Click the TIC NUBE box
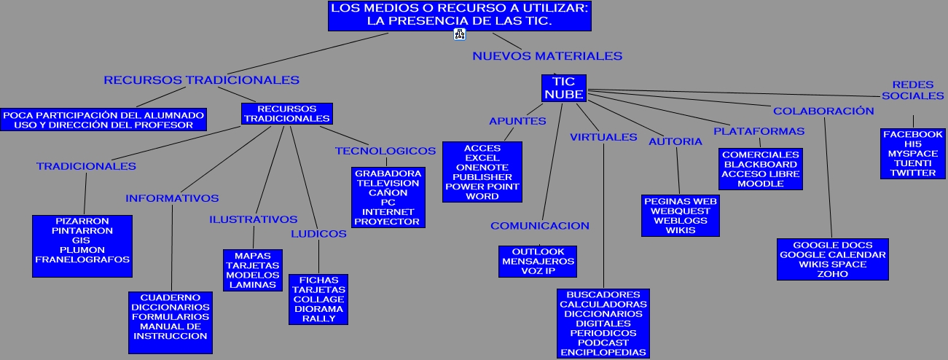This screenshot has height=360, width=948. (x=564, y=88)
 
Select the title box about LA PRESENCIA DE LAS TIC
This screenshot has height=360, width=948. (x=459, y=15)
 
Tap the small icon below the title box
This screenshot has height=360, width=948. (x=460, y=34)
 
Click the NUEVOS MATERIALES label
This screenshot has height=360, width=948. (x=547, y=55)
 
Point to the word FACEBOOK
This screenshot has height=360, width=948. (x=912, y=135)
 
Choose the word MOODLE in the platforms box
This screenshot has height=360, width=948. (x=761, y=184)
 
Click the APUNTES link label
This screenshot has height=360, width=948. (x=517, y=121)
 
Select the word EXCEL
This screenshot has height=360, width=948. (x=482, y=158)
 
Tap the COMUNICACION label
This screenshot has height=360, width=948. (x=540, y=226)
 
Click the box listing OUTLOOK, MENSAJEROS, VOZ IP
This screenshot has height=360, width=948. (x=538, y=261)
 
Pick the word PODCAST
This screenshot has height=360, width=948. (x=603, y=343)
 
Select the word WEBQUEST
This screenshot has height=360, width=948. (x=681, y=211)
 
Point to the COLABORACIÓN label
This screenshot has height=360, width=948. (x=823, y=111)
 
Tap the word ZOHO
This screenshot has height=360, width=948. (x=832, y=274)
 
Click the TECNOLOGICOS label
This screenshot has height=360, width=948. (x=385, y=151)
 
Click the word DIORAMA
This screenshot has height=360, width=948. (x=318, y=309)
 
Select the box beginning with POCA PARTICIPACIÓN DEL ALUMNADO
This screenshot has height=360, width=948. (x=103, y=120)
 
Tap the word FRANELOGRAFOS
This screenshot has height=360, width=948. (x=82, y=259)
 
